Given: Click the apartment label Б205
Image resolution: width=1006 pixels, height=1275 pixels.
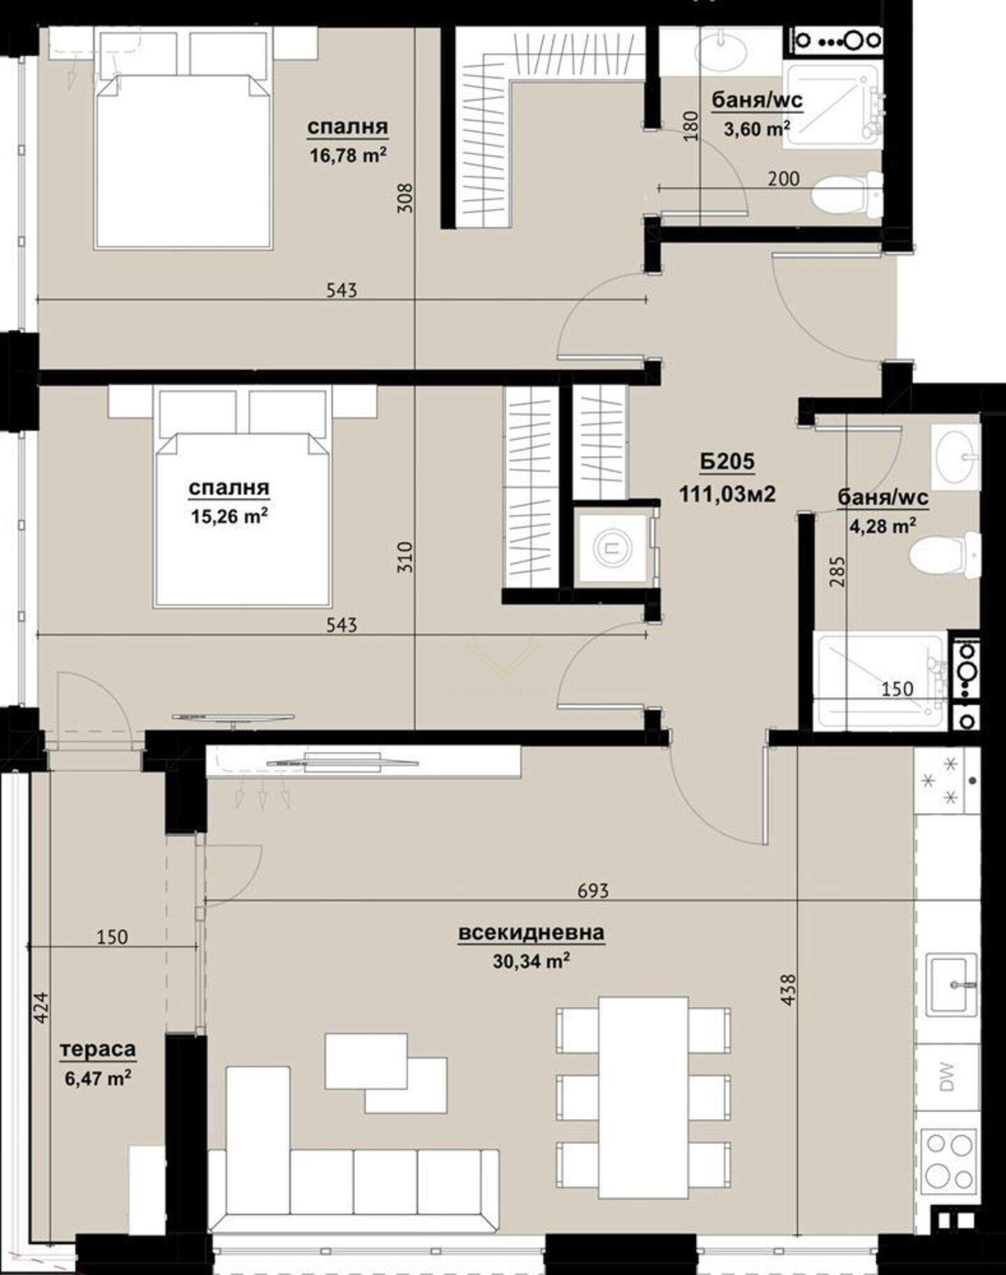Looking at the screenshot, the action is click(727, 462).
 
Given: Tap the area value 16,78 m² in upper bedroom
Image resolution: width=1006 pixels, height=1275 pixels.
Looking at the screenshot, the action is click(348, 154).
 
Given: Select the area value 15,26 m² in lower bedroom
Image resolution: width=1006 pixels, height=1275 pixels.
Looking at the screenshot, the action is click(229, 516).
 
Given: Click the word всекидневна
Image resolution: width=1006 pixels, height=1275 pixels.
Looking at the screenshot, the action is click(531, 933).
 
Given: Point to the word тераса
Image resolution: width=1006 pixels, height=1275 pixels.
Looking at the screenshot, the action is click(98, 1049).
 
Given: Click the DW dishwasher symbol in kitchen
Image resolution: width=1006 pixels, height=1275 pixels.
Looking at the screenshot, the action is click(947, 1077).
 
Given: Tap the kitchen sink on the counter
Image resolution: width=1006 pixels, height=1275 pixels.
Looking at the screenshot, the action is click(952, 985).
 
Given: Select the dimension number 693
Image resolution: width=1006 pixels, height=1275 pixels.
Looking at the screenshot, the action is click(593, 890).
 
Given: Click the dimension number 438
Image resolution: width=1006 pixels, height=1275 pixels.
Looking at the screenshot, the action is click(788, 990).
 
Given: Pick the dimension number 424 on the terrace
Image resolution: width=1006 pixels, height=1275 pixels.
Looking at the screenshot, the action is click(41, 1007).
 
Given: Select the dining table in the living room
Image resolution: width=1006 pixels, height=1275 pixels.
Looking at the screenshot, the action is click(643, 1097).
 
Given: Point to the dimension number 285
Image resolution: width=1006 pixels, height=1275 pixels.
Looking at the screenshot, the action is click(838, 570).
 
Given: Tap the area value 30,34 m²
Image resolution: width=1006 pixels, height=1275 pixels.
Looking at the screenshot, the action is click(531, 961).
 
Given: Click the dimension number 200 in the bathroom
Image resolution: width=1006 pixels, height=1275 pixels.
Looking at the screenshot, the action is click(783, 179).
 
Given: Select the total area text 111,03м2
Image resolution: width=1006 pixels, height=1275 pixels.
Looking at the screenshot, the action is click(727, 494).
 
